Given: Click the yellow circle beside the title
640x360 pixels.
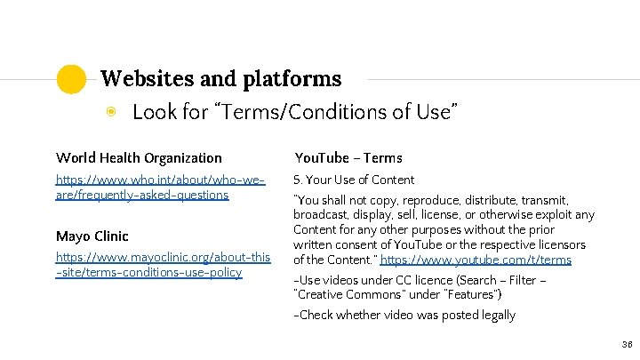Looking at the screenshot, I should click(x=71, y=79).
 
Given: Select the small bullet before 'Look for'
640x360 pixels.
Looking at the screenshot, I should click(x=111, y=112).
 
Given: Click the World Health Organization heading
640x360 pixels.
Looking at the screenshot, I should click(x=139, y=158).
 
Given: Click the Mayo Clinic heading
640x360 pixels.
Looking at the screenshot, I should click(x=92, y=236).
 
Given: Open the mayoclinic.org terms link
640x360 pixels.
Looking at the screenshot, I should click(x=163, y=265).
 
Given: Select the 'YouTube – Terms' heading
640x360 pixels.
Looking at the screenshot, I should click(x=348, y=158).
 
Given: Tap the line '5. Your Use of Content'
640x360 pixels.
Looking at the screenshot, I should click(x=354, y=180).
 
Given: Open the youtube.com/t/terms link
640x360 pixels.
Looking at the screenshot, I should click(x=476, y=260).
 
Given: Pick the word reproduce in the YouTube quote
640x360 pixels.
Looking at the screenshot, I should click(x=418, y=201).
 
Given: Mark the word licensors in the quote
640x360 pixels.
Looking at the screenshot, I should click(x=556, y=245).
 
